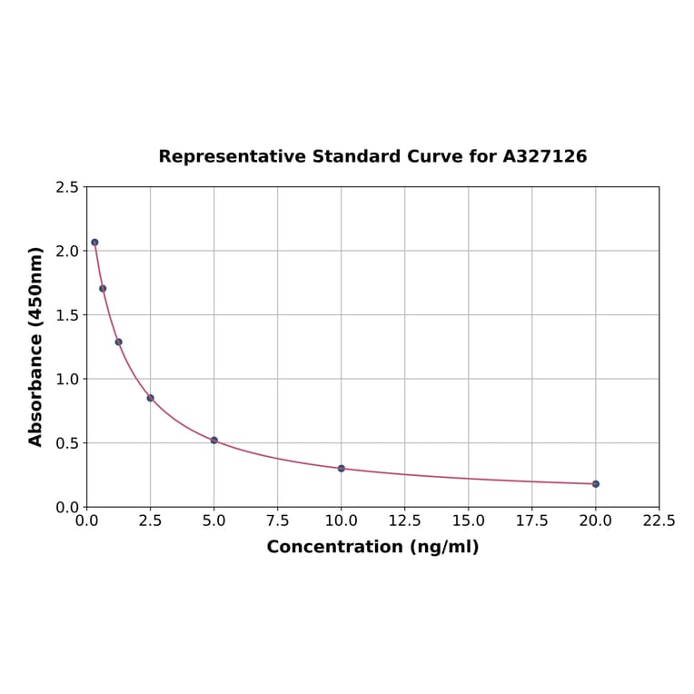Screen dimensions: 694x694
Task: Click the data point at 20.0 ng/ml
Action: coord(595,484)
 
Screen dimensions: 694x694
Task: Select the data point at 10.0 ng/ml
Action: coord(341,469)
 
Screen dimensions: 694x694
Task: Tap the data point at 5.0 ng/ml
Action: coord(213,440)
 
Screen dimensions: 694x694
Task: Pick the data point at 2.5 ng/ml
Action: coord(150,398)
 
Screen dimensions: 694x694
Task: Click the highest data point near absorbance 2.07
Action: coord(94,243)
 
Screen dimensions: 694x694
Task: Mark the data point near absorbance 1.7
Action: coord(103,289)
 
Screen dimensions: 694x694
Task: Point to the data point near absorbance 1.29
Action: coord(118,342)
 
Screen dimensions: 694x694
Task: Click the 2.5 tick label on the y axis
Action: coord(67,187)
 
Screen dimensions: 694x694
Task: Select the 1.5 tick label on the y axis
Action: coord(67,315)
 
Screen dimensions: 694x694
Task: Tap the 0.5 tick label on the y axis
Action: coord(67,443)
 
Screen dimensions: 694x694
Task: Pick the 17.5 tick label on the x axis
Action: coord(531,521)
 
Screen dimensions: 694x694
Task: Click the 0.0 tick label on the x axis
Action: coord(86,521)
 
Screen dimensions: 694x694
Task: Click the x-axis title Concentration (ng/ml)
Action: coord(372,547)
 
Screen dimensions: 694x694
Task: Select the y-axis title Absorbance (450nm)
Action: coord(36,346)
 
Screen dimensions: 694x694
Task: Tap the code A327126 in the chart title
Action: coord(544,156)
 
